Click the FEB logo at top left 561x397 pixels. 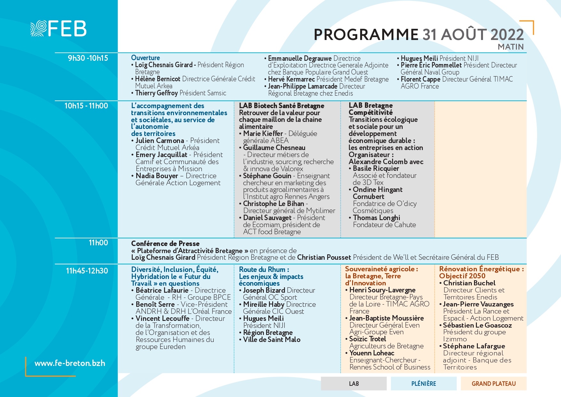[59, 28]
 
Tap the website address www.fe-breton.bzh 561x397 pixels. [70, 363]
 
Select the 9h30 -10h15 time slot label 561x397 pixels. [88, 58]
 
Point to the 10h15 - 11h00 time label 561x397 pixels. [86, 106]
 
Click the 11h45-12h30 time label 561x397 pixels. [87, 271]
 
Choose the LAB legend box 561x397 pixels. [354, 384]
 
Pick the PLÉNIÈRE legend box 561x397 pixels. [423, 384]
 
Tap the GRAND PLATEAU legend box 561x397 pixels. [494, 384]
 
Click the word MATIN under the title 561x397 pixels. [510, 47]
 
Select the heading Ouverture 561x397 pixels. [146, 58]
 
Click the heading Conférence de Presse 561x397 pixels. [165, 243]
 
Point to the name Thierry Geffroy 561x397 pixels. [156, 93]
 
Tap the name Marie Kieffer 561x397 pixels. [263, 133]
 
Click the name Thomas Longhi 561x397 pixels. [376, 218]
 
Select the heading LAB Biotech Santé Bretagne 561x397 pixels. [281, 106]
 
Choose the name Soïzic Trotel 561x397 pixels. [367, 339]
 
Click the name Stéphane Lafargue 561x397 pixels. [474, 346]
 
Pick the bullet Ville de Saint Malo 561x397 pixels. [272, 340]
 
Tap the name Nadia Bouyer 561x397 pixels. [157, 176]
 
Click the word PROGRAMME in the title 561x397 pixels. [366, 35]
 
